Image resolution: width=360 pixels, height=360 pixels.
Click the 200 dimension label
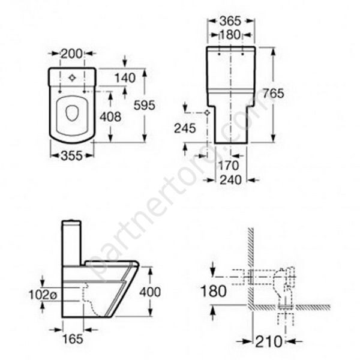coord(71,54)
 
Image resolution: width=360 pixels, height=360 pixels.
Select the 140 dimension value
coord(125,78)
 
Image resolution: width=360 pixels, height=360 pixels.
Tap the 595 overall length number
coord(145,105)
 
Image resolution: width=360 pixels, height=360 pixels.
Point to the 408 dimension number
coord(110,116)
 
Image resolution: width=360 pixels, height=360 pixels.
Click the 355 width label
coord(71,156)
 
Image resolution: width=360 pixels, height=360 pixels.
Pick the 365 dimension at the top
coord(230,21)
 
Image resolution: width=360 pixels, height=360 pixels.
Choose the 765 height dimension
coord(273,93)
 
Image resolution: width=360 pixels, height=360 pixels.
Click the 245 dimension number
coord(185,128)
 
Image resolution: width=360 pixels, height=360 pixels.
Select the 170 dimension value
coord(229,166)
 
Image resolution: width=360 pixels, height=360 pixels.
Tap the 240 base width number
coord(231,180)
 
